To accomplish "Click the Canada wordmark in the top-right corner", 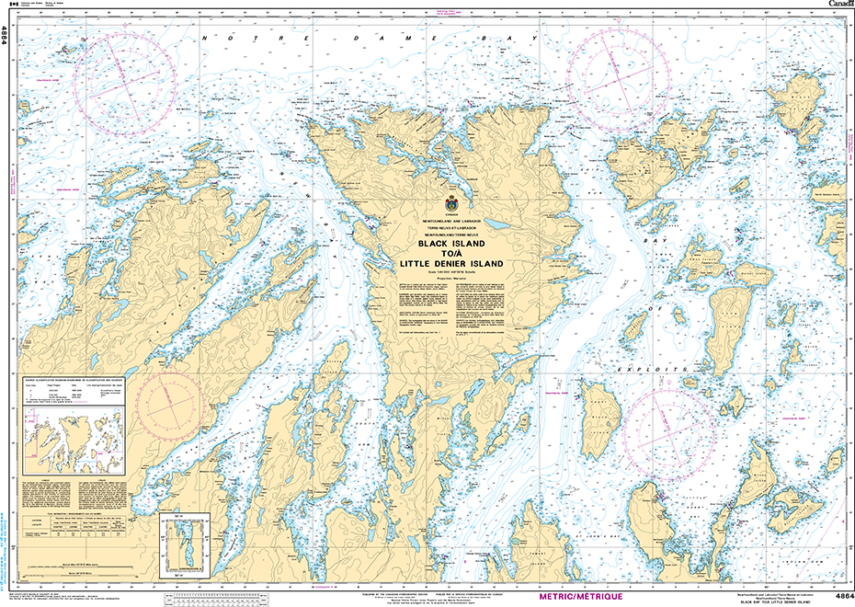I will coord(839,5).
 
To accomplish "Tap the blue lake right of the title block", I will coord(497,223).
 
